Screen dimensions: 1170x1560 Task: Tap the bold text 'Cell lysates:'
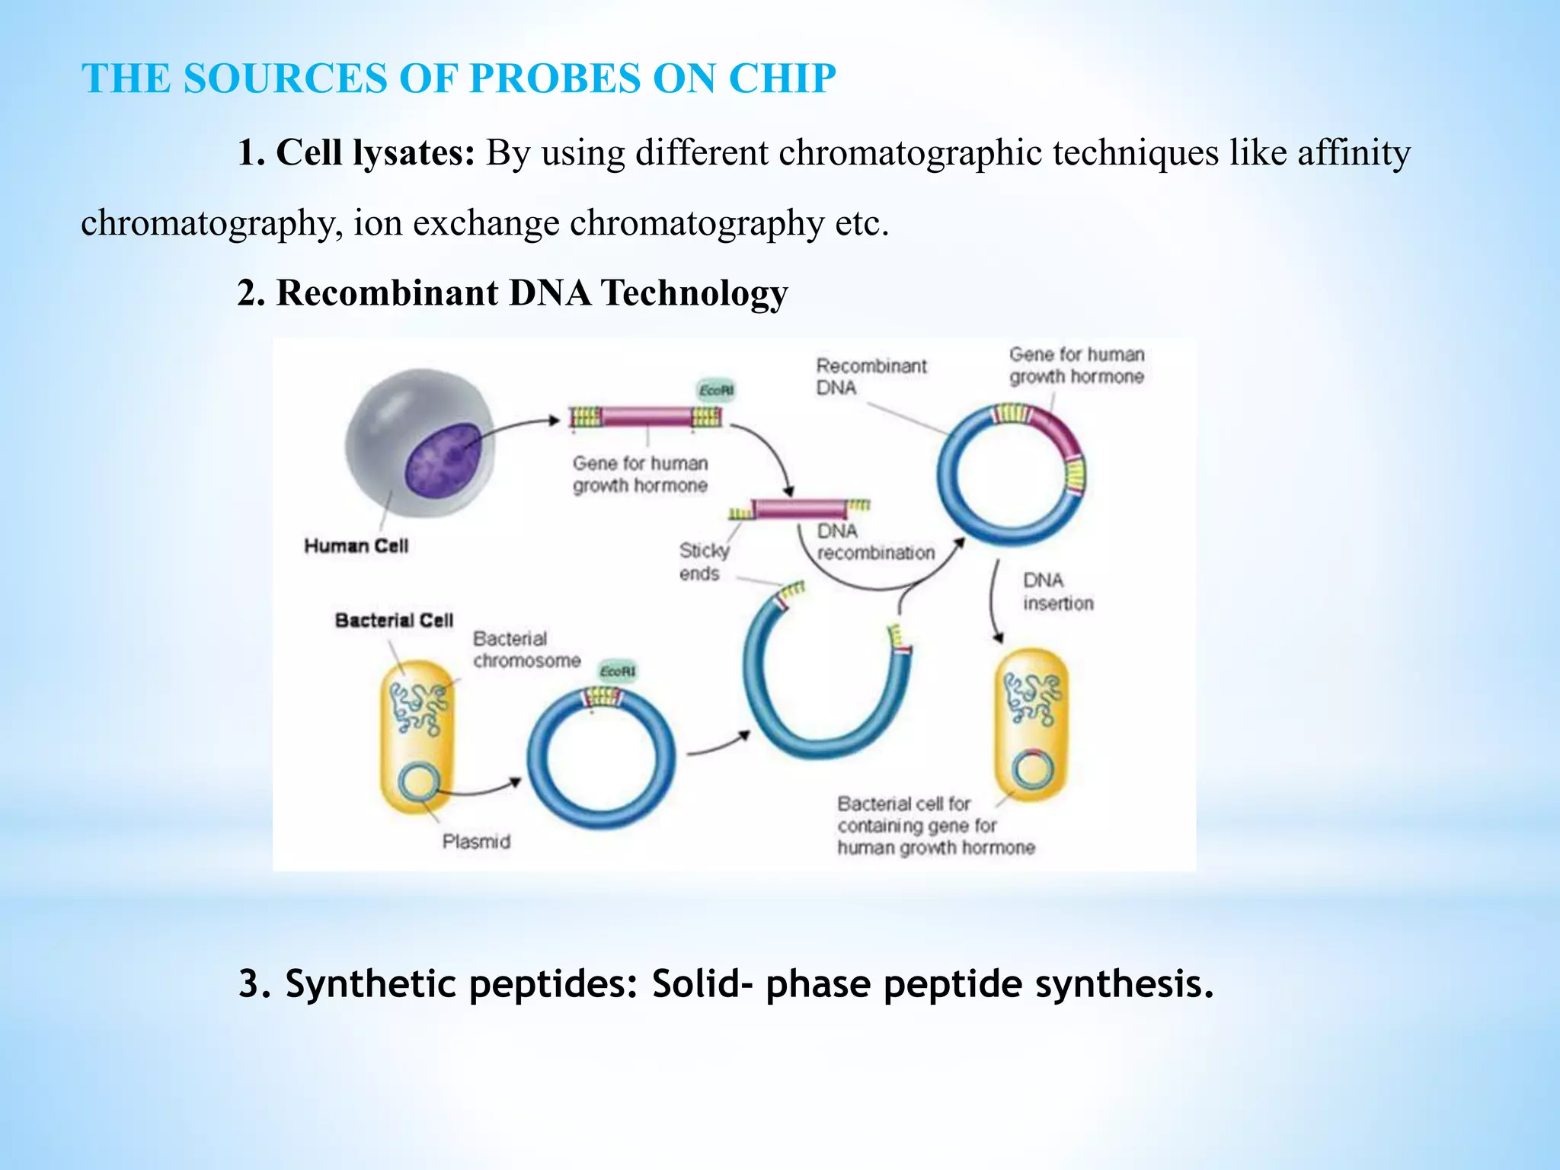pos(376,152)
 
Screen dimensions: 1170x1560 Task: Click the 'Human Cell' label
pos(356,546)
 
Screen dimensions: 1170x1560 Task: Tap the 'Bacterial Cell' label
pos(394,621)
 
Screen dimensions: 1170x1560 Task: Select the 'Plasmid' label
pos(476,842)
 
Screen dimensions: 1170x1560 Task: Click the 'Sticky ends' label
pos(702,561)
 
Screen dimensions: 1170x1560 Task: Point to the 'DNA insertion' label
pos(1057,592)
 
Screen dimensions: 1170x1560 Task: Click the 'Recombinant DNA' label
pos(871,376)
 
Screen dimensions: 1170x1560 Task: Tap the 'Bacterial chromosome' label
pos(526,650)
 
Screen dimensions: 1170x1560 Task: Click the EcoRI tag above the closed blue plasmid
pos(617,671)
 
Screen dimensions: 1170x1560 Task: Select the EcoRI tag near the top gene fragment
pos(716,391)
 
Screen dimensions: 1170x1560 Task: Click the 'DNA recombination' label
pos(875,542)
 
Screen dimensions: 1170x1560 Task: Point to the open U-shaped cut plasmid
pos(825,686)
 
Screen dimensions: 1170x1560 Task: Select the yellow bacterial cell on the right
pos(1031,724)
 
